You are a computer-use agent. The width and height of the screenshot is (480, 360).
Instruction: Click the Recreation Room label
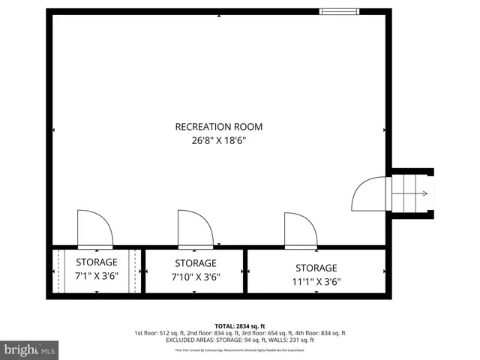coord(218,127)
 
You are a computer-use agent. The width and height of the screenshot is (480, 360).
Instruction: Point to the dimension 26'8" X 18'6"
coord(218,140)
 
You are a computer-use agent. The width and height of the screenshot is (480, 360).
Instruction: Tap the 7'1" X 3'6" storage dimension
coord(97,275)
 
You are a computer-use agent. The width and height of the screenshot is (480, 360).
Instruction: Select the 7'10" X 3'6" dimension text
coord(195,276)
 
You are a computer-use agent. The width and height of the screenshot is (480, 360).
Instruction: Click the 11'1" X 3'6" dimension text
coord(316,281)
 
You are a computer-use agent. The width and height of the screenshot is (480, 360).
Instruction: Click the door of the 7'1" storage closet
coord(94,229)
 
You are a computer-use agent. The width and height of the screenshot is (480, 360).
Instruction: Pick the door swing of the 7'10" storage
coord(194,229)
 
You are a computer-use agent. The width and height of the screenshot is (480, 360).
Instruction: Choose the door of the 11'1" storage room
coord(301,230)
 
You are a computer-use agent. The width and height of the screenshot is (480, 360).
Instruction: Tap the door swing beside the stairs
coord(370,195)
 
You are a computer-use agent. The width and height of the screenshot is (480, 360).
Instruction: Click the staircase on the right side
coord(409,193)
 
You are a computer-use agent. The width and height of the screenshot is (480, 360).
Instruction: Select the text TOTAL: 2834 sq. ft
coord(240,325)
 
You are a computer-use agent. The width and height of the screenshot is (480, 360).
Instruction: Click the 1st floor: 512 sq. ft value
coord(157,333)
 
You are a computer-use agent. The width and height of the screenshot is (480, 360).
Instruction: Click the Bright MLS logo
coord(30,349)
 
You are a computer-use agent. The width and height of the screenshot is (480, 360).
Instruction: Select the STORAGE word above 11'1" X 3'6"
coord(316,268)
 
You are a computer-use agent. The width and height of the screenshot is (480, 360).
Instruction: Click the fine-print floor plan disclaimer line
coord(240,349)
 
